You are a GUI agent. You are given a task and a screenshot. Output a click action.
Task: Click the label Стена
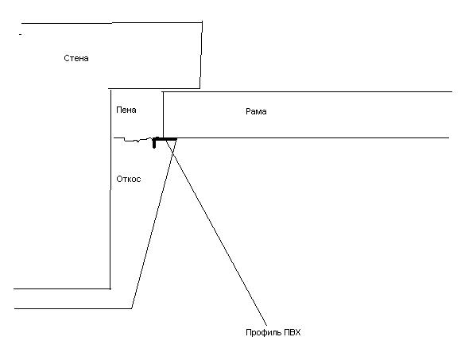point(76,58)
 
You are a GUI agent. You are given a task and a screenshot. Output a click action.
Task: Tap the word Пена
point(126,110)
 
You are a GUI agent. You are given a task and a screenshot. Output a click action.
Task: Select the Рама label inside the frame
point(256,112)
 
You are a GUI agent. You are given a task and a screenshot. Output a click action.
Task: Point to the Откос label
point(129,179)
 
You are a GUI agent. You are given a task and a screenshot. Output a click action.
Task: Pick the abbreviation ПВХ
point(292,332)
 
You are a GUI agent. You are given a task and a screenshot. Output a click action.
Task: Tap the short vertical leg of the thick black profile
point(154,143)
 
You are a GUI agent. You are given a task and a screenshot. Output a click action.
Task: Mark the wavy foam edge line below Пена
point(133,140)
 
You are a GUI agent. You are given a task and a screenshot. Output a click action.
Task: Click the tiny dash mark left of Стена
point(21,35)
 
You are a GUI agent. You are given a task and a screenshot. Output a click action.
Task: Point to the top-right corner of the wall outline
point(202,21)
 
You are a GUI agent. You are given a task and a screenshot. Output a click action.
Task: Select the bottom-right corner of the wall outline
point(200,88)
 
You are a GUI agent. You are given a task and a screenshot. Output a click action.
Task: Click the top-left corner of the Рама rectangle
point(163,92)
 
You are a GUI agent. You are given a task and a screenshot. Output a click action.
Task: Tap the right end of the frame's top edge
point(452,91)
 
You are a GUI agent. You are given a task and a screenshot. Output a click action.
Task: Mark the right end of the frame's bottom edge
point(449,137)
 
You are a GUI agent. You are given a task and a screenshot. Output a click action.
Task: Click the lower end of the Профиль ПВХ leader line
point(266,326)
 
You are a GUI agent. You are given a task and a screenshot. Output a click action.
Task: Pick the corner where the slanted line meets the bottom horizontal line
point(131,308)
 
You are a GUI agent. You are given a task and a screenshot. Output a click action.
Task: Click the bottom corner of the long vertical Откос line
point(110,289)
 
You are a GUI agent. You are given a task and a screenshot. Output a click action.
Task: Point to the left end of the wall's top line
point(21,23)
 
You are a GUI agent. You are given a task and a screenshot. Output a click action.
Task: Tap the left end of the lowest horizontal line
point(14,309)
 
